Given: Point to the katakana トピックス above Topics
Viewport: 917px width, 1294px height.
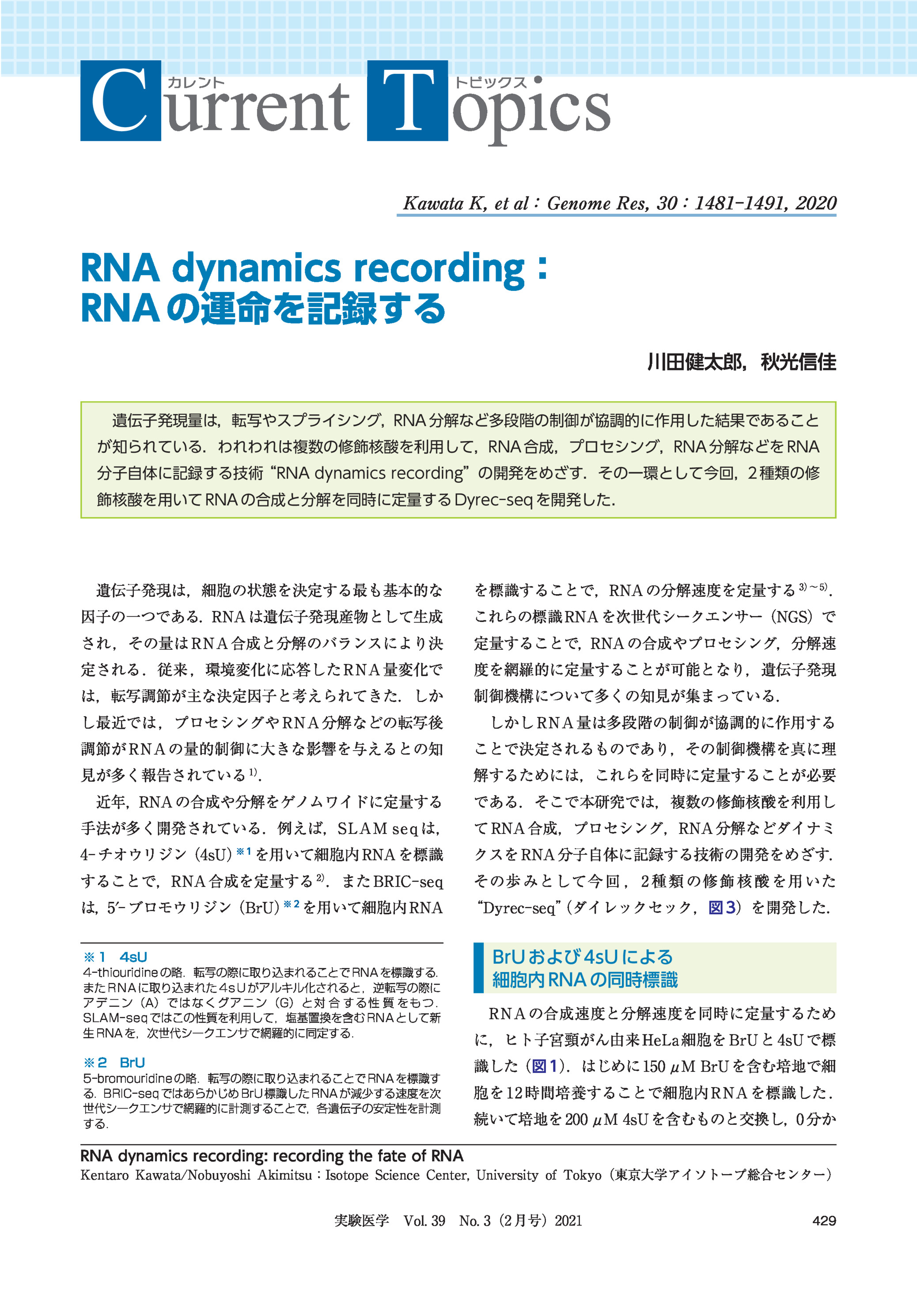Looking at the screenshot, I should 491,83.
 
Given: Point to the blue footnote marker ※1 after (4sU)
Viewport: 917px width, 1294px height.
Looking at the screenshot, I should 244,852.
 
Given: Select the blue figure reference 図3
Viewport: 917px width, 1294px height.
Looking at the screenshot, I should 722,907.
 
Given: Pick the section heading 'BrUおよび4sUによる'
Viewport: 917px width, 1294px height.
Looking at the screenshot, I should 582,957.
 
